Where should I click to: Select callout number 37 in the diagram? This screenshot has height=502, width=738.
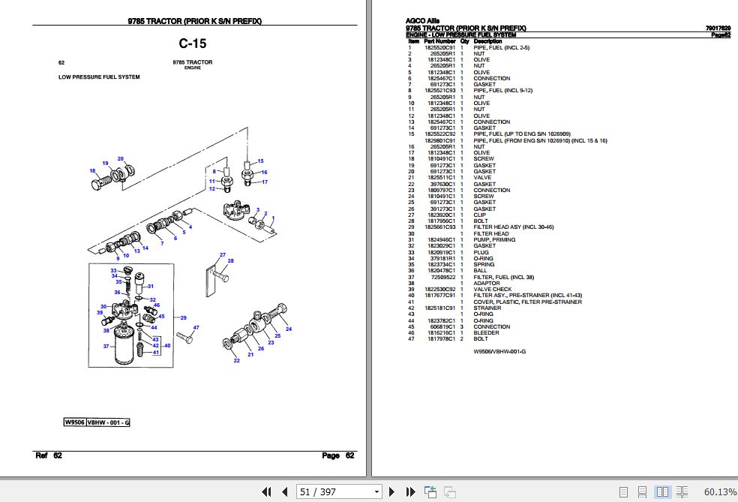click(x=106, y=346)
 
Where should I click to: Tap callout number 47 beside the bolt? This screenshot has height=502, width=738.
click(x=196, y=328)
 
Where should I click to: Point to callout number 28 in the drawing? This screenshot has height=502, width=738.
click(x=230, y=261)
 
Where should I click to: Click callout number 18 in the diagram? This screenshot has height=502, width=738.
click(x=92, y=170)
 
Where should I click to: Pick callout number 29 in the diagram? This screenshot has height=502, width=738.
click(x=182, y=317)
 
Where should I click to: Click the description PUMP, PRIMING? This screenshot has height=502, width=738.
click(x=493, y=239)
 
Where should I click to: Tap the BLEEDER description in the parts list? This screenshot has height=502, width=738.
click(x=485, y=332)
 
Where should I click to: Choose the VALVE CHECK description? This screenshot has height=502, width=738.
click(x=492, y=289)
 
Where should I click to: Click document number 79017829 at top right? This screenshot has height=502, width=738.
click(x=717, y=28)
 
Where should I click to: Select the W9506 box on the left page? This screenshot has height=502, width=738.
click(x=74, y=422)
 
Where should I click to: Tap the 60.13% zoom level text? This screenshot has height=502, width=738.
click(x=719, y=491)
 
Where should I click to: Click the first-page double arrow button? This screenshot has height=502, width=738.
click(x=265, y=491)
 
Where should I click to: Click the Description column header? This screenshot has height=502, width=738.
click(x=488, y=41)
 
